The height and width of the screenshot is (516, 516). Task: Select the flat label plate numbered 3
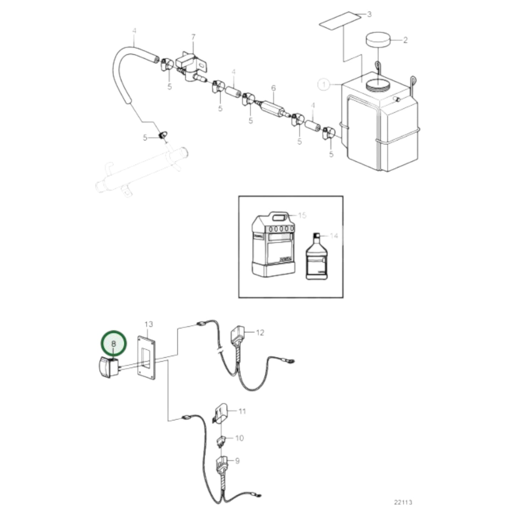[x=339, y=21]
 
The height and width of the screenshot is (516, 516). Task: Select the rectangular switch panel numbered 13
[x=147, y=357]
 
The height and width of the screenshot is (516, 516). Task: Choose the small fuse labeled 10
[x=221, y=440]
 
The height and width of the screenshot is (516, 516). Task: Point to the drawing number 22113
[x=403, y=502]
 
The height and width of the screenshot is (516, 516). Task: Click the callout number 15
[x=302, y=215]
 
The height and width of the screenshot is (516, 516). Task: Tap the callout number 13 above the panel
[x=149, y=324]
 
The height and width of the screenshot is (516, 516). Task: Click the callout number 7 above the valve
[x=193, y=37]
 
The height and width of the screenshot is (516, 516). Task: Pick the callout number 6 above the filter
[x=274, y=88]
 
